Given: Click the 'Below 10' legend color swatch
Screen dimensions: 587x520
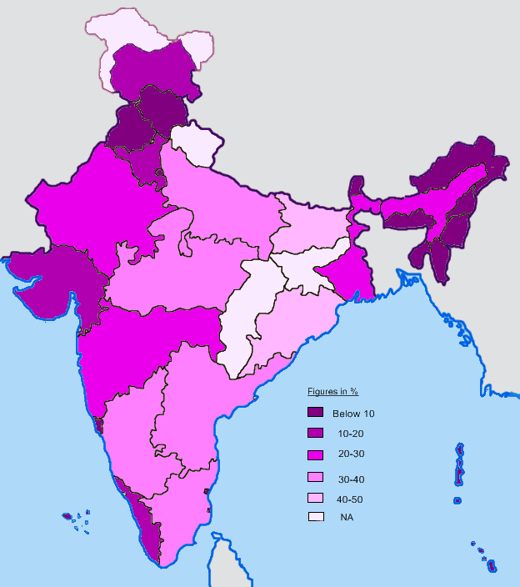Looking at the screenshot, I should point(315,413).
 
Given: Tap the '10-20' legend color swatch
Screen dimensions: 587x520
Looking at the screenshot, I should point(315,433).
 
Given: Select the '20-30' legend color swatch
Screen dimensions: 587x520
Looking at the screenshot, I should point(315,454).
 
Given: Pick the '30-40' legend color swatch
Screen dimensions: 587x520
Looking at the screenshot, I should point(315,478).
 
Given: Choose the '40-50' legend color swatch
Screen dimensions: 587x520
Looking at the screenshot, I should point(315,498).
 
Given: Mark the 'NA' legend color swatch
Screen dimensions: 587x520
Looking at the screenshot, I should point(315,517).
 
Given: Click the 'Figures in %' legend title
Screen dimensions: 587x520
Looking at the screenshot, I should point(332,391).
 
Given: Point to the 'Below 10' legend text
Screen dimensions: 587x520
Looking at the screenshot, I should point(353,414).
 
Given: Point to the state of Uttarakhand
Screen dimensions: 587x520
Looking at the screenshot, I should point(193,143).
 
